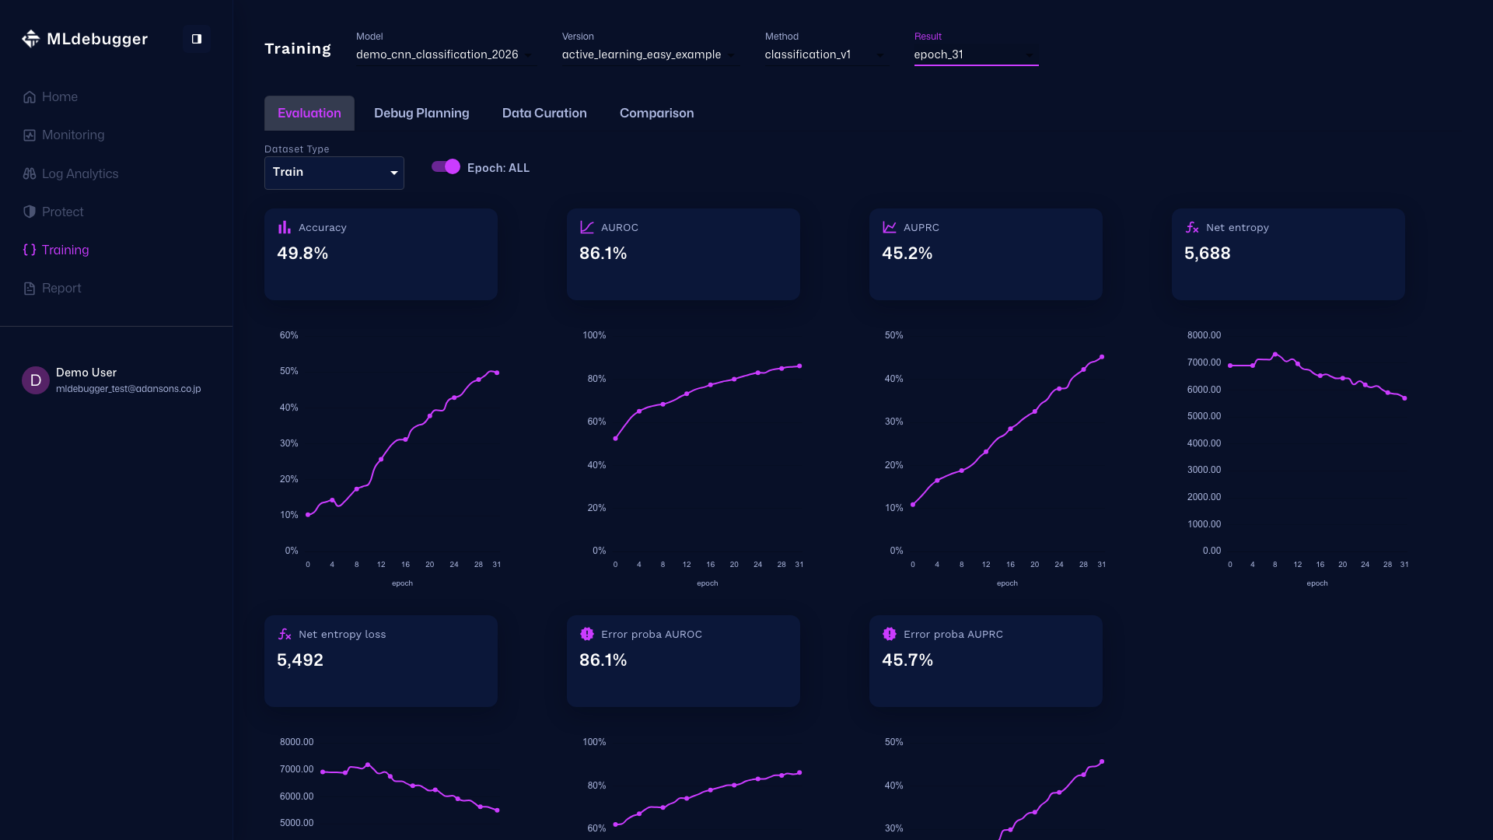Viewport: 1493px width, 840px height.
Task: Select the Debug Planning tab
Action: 421,114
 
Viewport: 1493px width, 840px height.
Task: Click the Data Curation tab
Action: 544,114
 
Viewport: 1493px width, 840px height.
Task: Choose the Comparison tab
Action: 656,114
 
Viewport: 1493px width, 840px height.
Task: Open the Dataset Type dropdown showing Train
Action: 334,173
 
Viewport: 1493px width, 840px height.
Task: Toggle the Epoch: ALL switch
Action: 446,167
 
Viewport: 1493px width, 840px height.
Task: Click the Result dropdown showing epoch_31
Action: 975,55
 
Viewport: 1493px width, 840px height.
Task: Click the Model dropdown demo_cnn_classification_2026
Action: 443,55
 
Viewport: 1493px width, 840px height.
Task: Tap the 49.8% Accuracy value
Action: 302,254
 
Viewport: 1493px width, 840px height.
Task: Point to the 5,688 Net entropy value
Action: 1207,254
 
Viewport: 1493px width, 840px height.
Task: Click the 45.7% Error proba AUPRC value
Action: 907,660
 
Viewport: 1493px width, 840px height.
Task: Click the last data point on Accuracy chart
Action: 497,373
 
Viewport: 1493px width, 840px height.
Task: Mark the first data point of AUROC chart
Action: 615,439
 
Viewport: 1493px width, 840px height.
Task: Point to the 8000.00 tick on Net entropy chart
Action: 1204,335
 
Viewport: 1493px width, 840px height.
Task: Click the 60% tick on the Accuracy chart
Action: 288,335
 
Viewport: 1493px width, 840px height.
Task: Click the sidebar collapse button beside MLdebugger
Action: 197,39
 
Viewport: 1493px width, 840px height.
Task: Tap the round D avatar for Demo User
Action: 36,380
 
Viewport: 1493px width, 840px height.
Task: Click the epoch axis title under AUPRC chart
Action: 1007,583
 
